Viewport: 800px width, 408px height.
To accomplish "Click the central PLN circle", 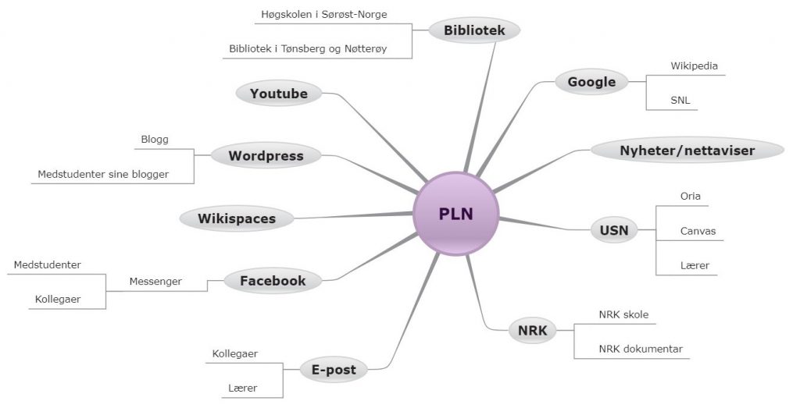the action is [x=455, y=214].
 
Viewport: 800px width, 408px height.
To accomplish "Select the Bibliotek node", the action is [x=474, y=30].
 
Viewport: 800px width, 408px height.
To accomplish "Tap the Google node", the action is [x=591, y=81].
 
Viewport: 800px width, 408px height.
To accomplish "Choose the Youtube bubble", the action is [x=279, y=93].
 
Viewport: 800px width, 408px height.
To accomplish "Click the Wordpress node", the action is [x=266, y=155].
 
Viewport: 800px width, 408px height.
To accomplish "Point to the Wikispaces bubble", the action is [x=237, y=218].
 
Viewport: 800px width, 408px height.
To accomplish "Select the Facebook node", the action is [x=273, y=281].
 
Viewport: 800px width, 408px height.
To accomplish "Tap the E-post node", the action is [x=334, y=370].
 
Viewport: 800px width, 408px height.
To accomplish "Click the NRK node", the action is [x=532, y=331].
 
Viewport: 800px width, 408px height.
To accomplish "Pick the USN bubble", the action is [x=614, y=230].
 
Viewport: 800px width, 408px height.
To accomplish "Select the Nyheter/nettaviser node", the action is [x=687, y=151].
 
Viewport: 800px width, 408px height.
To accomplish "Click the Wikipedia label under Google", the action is [x=694, y=66].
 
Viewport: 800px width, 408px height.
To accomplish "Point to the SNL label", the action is [x=680, y=101].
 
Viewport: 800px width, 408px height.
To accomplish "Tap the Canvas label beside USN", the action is [x=698, y=231].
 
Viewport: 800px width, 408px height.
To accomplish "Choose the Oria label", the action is [x=691, y=196].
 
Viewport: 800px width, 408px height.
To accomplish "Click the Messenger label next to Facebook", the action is [x=155, y=281].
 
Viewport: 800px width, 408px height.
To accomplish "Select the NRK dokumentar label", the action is [x=641, y=349].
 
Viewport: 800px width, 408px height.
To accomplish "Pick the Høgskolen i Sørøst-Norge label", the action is [x=324, y=14].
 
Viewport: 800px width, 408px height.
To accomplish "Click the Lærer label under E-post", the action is [x=243, y=388].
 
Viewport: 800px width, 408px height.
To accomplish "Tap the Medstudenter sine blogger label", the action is [x=103, y=174].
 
